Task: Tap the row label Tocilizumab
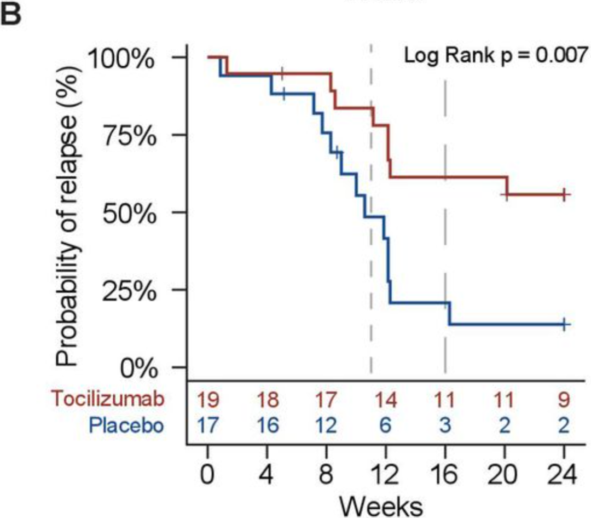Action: click(108, 400)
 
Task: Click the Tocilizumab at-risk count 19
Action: click(208, 400)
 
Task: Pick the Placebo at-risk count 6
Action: click(385, 425)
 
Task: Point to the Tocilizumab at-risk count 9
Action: click(564, 400)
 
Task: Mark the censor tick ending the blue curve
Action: click(564, 324)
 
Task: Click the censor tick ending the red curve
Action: click(564, 194)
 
